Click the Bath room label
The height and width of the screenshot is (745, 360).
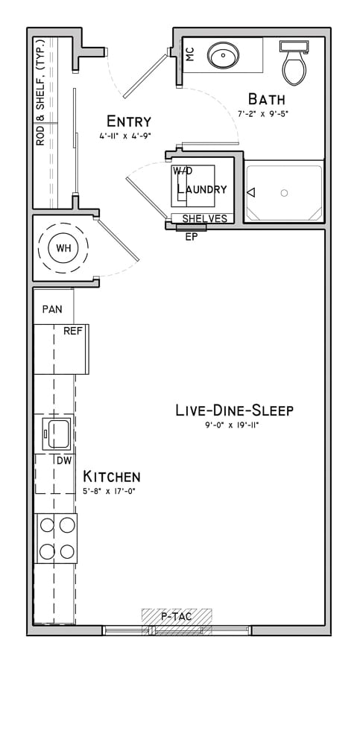coord(267,99)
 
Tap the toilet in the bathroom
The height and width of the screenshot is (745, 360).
coord(294,63)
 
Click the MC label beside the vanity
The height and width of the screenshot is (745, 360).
coord(190,54)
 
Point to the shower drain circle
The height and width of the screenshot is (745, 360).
coord(285,192)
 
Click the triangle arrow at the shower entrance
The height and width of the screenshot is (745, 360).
coord(251,192)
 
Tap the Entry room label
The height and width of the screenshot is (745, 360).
coord(129,121)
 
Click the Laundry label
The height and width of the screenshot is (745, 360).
coord(202,188)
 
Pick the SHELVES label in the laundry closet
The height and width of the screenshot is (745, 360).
coord(204,218)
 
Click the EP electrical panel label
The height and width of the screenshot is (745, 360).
coord(191,237)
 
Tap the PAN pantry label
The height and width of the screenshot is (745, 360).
coord(52,309)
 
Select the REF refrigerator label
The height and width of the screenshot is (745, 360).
coord(73,332)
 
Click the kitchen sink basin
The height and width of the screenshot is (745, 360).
coord(57,433)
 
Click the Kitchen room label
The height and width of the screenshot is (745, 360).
coord(112,476)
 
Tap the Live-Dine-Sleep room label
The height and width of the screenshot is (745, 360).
coord(235,410)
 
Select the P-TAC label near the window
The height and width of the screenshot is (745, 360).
coord(176,617)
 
